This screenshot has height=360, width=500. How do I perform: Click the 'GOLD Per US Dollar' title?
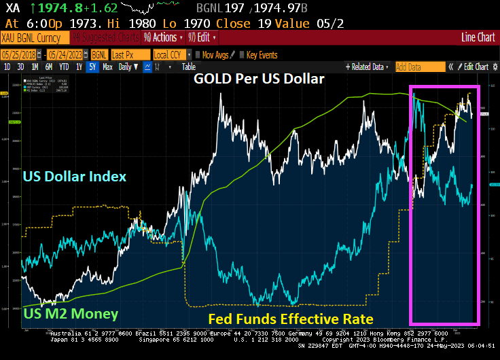tap(259, 79)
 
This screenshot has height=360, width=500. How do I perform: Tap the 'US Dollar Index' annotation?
tap(75, 177)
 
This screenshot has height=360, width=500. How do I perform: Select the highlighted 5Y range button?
tap(92, 67)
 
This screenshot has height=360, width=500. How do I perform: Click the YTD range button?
tap(65, 67)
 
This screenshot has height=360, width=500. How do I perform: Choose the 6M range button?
tap(49, 67)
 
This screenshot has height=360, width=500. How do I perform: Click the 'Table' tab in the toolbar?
tap(188, 67)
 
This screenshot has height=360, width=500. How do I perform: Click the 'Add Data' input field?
tap(419, 67)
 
